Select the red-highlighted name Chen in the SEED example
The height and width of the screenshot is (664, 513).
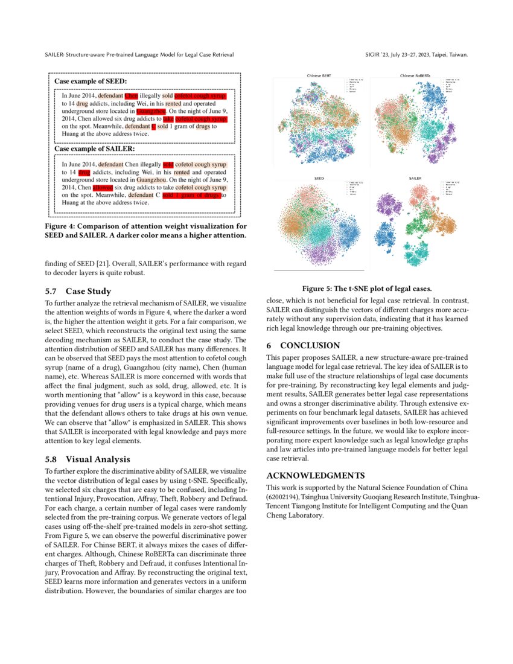point(131,95)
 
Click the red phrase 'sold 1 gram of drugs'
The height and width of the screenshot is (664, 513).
point(191,195)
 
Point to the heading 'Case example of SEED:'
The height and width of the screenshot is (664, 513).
point(91,80)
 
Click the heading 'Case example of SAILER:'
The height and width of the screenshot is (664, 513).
point(94,148)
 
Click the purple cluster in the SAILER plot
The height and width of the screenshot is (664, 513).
point(386,202)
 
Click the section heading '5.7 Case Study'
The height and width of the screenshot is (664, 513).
point(78,291)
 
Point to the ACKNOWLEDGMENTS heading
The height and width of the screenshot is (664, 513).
point(315,475)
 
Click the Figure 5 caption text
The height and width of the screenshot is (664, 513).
point(367,288)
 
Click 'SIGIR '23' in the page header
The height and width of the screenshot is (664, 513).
point(378,55)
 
